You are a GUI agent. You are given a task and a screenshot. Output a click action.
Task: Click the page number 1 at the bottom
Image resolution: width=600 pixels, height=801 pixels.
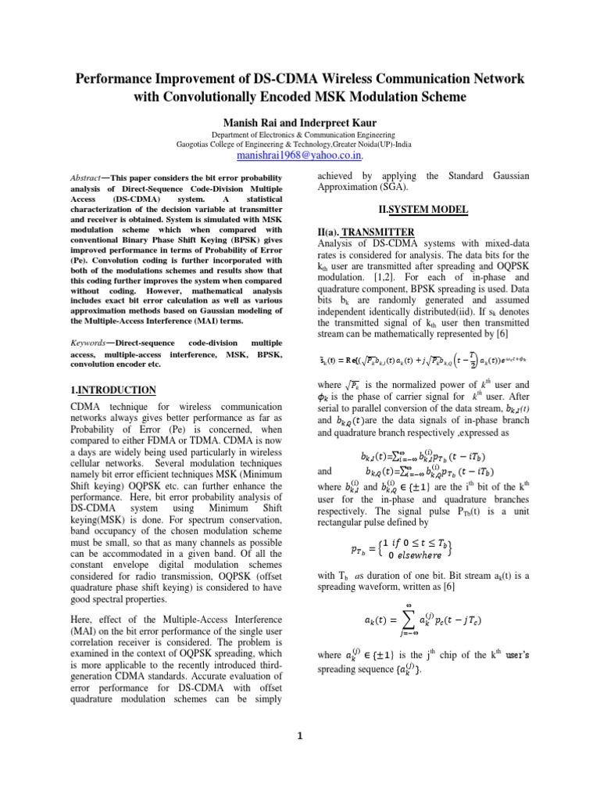pos(299,756)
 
